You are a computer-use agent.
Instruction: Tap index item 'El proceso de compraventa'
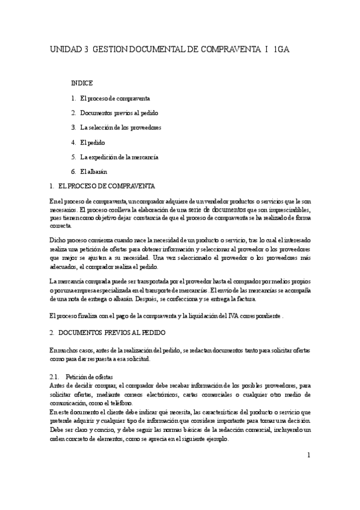pyautogui.click(x=114, y=97)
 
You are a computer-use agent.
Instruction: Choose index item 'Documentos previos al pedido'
pyautogui.click(x=118, y=112)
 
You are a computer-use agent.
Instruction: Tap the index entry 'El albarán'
pyautogui.click(x=93, y=172)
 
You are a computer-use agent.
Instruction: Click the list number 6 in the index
pyautogui.click(x=72, y=172)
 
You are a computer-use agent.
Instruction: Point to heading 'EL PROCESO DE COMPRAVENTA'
pyautogui.click(x=108, y=186)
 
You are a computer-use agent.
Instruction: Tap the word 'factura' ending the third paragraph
pyautogui.click(x=245, y=299)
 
